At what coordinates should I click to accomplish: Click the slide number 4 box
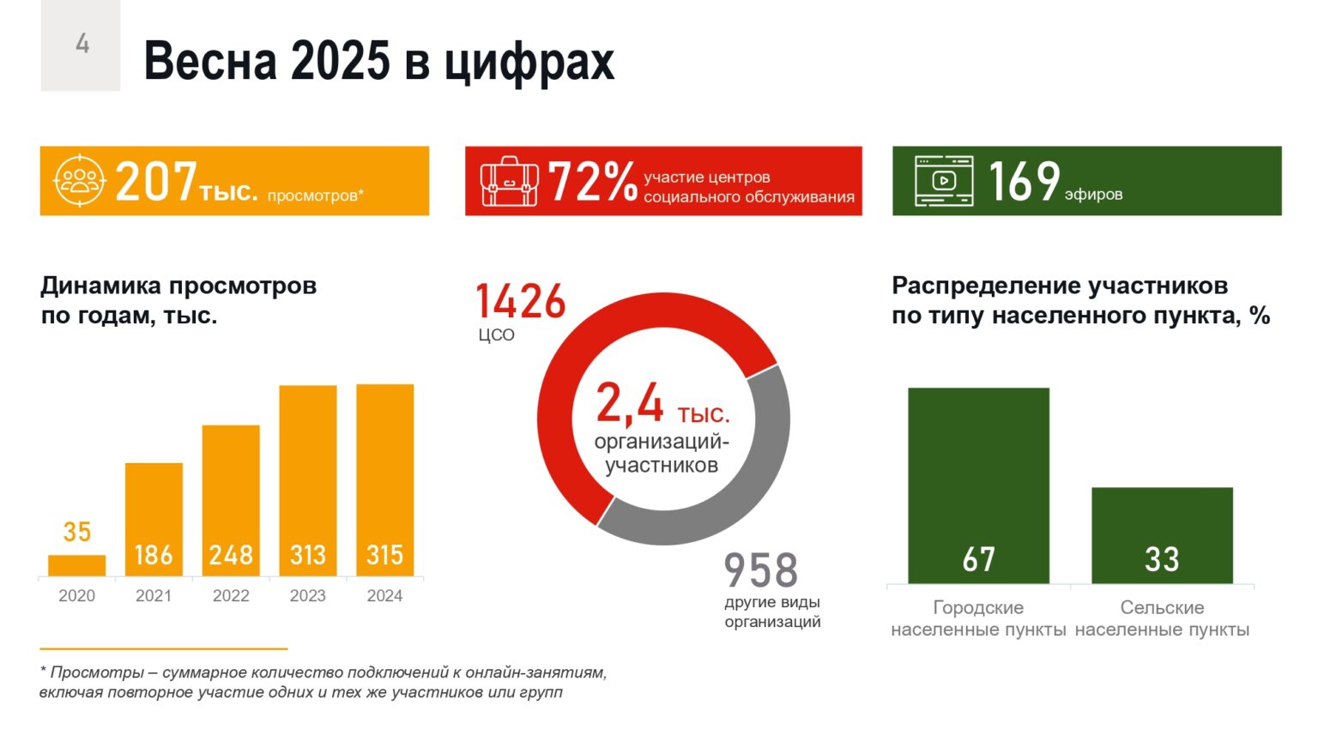(81, 45)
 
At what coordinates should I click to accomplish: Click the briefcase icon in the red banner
(510, 181)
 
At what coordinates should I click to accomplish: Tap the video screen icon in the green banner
(943, 181)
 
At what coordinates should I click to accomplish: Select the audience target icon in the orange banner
(79, 180)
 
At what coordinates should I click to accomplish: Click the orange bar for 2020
(77, 565)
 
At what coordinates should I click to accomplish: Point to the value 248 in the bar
(231, 555)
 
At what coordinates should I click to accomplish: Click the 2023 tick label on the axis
(307, 596)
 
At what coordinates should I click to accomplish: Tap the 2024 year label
(384, 596)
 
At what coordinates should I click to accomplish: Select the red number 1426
(521, 302)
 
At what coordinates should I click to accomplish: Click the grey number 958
(761, 570)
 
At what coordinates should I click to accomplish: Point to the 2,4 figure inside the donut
(630, 403)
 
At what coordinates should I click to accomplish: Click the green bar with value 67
(978, 480)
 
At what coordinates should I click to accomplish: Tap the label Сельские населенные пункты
(1162, 618)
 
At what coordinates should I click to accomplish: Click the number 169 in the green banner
(1024, 181)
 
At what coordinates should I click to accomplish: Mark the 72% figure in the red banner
(592, 182)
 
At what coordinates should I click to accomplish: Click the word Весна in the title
(210, 61)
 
